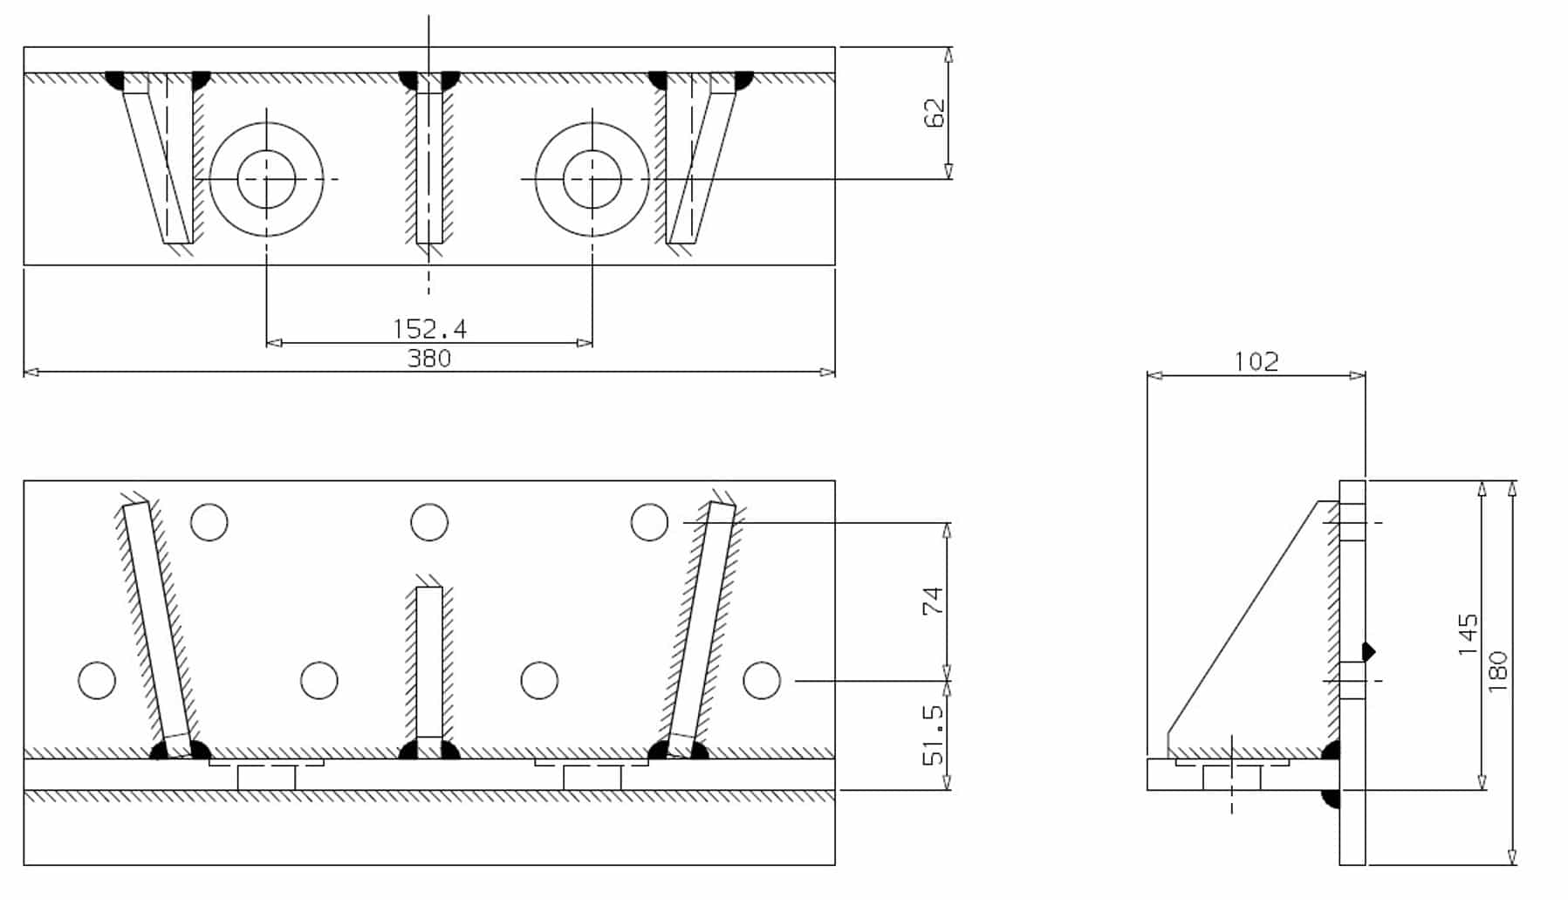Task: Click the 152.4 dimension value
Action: pyautogui.click(x=429, y=329)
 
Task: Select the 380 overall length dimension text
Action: pyautogui.click(x=429, y=359)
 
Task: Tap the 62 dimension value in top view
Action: pyautogui.click(x=934, y=113)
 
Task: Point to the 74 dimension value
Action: pyautogui.click(x=934, y=601)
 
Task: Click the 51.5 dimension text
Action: pyautogui.click(x=934, y=735)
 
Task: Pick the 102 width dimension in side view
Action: pyautogui.click(x=1256, y=361)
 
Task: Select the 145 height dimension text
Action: pyautogui.click(x=1468, y=635)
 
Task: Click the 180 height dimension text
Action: pyautogui.click(x=1497, y=671)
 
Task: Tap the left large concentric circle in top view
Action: pyautogui.click(x=266, y=179)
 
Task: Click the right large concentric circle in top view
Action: pyautogui.click(x=592, y=179)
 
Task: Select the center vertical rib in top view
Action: pyautogui.click(x=428, y=166)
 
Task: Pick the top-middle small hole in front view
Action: pyautogui.click(x=428, y=522)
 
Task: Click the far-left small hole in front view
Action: pyautogui.click(x=97, y=680)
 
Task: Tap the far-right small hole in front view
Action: pyautogui.click(x=761, y=680)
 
